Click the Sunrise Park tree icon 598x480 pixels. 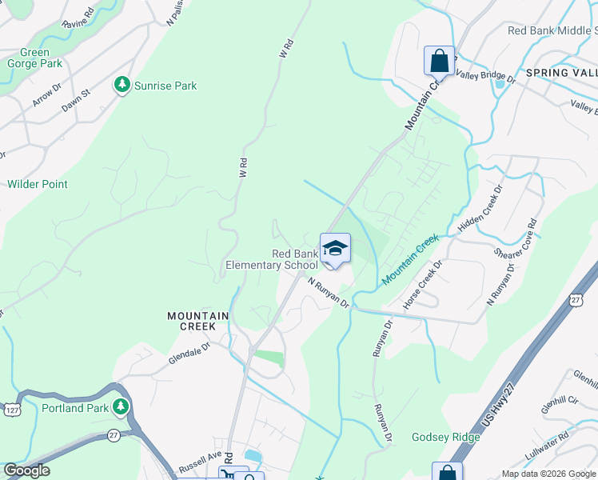122,85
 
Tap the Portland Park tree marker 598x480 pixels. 121,408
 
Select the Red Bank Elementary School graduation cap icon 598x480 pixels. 335,248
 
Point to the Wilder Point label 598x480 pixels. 38,184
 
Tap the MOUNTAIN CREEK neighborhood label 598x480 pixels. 198,322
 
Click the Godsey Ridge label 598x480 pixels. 446,437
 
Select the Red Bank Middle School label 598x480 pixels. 552,30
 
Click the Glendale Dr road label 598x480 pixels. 189,353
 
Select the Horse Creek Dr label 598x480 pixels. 423,286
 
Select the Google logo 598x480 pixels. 26,470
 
